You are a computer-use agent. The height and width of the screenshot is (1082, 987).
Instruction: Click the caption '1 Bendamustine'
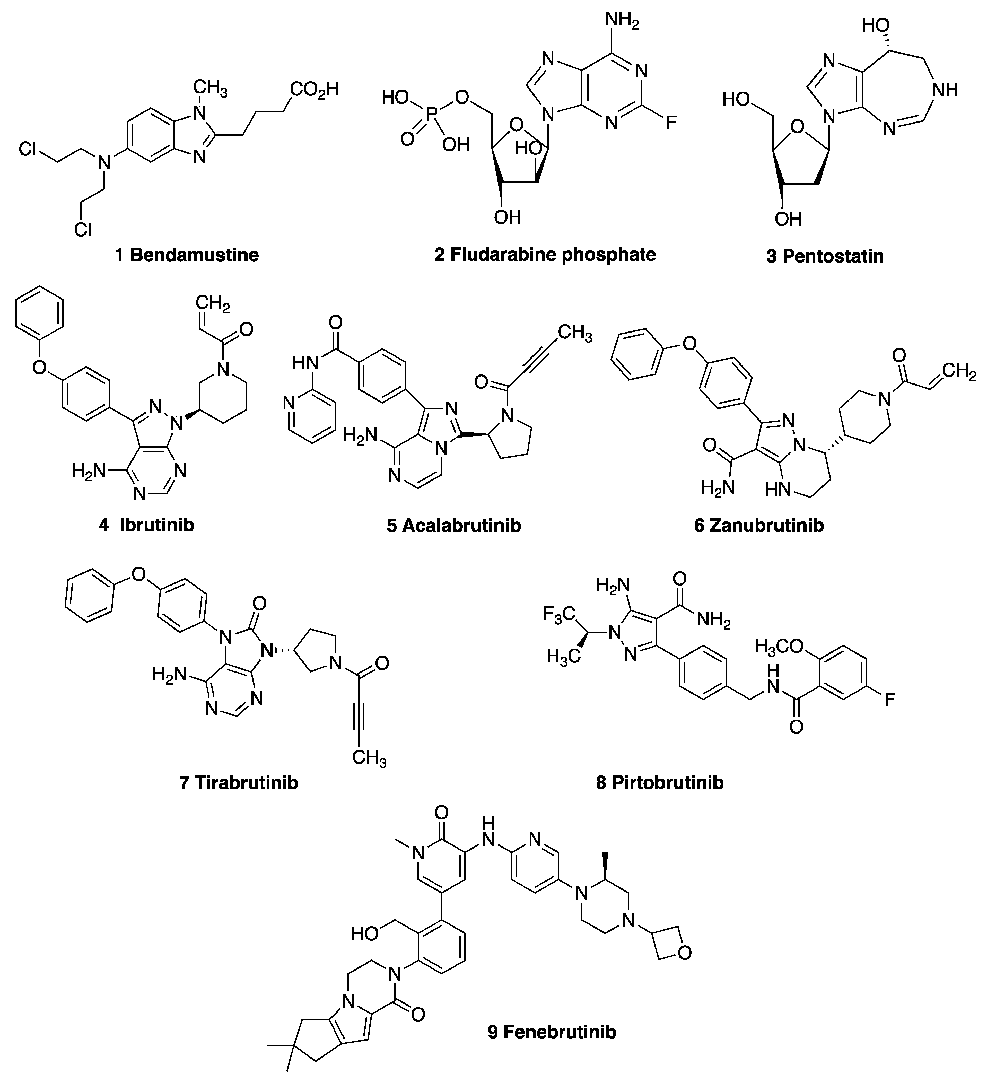tap(187, 255)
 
